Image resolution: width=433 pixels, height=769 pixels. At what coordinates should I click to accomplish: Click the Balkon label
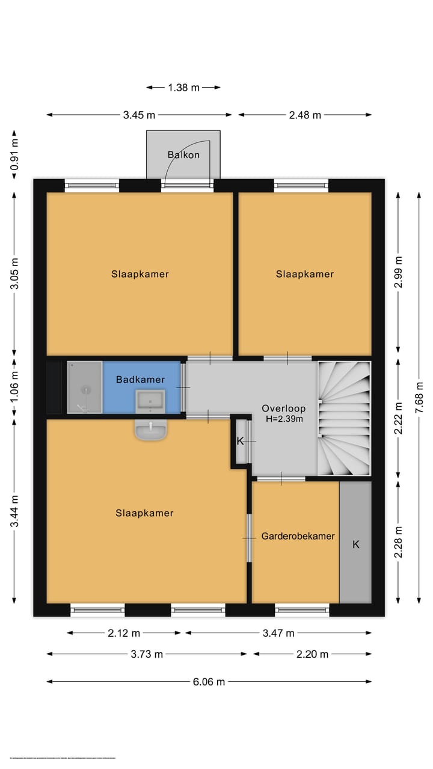pos(183,155)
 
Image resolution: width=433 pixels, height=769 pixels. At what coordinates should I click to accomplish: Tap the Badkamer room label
pos(140,380)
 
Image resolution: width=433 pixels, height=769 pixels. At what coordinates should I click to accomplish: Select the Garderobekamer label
pos(298,536)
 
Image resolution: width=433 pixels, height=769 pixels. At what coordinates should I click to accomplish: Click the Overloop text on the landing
pos(283,409)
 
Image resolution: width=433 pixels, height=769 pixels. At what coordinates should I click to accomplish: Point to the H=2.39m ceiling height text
pos(283,419)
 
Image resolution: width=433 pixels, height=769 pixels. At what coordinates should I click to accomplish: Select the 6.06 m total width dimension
pos(208,681)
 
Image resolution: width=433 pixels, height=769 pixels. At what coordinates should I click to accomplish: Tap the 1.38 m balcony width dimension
pos(183,88)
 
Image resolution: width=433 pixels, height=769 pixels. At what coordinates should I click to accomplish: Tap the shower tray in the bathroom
pos(84,388)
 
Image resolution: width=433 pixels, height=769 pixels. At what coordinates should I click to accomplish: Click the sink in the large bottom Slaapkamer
pos(150,431)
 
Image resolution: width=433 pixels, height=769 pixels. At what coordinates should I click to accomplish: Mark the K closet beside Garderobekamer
pos(355,544)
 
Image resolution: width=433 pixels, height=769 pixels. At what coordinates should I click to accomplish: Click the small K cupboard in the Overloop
pos(241,442)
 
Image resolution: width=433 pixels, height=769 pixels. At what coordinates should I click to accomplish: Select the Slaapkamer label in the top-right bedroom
pos(305,274)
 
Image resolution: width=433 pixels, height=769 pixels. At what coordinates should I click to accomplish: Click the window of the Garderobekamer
pos(302,610)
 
